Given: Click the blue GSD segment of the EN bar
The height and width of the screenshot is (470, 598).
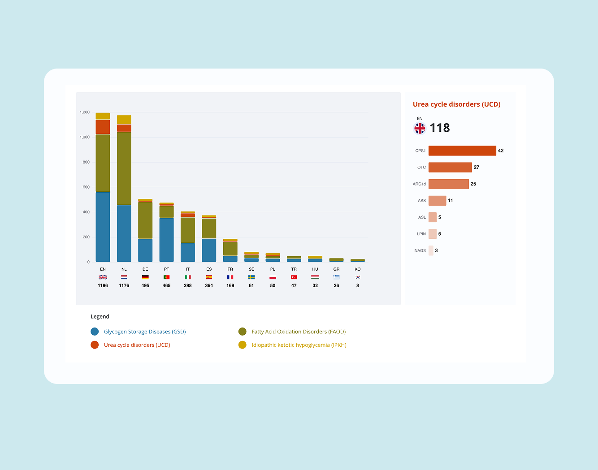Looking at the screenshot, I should [x=103, y=227].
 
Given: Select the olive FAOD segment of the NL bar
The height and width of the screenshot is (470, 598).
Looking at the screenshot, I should [x=124, y=168].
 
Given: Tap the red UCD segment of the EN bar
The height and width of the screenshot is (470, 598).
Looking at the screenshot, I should [x=103, y=127].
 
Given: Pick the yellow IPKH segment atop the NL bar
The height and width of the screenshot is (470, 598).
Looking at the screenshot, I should [x=124, y=120].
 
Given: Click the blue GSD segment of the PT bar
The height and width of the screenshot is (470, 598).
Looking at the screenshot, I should [x=166, y=240].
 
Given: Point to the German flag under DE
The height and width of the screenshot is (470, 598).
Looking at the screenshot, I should [x=145, y=277].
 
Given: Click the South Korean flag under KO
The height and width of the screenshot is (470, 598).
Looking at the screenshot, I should [x=358, y=277].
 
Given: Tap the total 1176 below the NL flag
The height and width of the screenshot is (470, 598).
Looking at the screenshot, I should [x=124, y=285].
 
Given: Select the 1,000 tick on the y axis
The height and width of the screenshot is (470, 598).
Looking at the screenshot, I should [x=85, y=137].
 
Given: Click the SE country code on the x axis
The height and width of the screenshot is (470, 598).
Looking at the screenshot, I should [x=251, y=269].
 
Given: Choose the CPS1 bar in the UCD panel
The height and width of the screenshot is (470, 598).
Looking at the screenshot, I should [x=462, y=151].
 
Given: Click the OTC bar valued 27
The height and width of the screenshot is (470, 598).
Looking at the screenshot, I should [x=450, y=167].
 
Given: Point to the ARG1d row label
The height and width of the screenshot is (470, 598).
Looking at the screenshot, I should [x=419, y=184].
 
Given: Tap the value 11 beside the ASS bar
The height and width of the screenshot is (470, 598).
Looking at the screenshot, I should [x=451, y=201].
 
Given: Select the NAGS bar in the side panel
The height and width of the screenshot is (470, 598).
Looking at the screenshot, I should [x=431, y=250].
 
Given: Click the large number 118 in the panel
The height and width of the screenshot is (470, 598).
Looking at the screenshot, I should [x=440, y=128].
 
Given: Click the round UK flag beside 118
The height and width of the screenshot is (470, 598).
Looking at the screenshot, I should [x=420, y=129].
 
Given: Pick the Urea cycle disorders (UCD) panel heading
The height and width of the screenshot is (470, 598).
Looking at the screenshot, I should [x=456, y=104].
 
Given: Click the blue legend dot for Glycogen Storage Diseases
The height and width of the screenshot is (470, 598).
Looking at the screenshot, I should [x=95, y=332].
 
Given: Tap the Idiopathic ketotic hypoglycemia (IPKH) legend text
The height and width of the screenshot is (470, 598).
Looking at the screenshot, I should [x=299, y=345].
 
